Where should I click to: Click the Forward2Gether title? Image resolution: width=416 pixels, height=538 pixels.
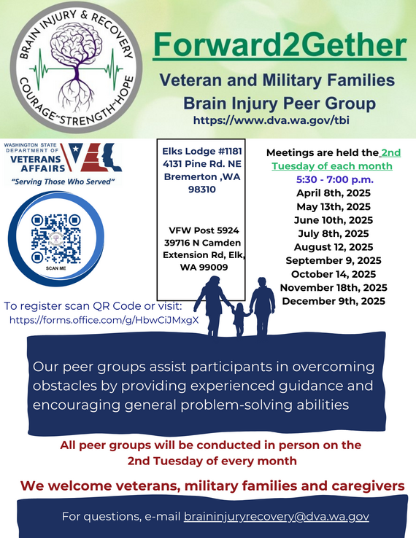[280, 45]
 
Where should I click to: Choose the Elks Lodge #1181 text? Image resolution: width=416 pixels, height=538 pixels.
[201, 150]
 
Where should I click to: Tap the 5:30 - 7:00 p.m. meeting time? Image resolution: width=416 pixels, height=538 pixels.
[334, 179]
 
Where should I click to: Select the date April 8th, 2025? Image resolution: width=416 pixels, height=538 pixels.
[334, 193]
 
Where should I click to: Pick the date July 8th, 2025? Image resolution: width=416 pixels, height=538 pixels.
[334, 233]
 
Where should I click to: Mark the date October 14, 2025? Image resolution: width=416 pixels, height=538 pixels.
[334, 274]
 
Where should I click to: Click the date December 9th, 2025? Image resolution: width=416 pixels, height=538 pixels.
[334, 300]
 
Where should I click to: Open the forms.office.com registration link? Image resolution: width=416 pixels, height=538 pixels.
[104, 319]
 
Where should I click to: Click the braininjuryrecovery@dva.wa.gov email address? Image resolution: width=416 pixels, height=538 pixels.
[276, 516]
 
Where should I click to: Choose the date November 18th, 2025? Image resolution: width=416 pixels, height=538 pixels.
[334, 287]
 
